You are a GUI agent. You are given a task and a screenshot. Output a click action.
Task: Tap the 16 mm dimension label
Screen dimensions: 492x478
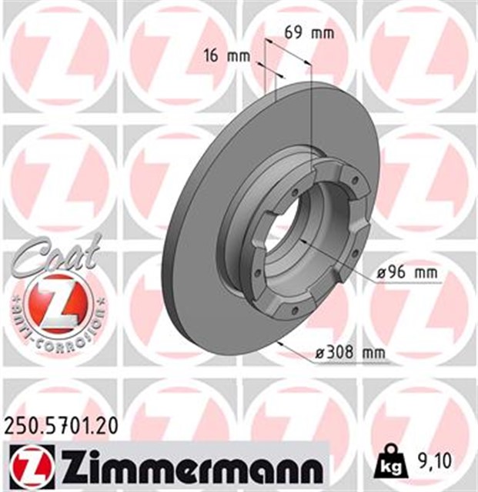[220, 55]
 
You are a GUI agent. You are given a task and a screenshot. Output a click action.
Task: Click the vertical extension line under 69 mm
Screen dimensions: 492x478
[310, 115]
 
